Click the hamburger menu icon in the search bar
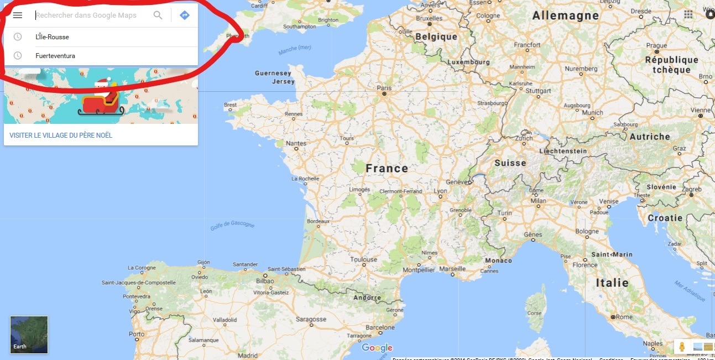[x=18, y=15]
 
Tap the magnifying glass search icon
[x=158, y=15]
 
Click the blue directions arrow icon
[x=185, y=15]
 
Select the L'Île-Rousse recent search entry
[x=53, y=37]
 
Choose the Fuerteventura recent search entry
[x=55, y=56]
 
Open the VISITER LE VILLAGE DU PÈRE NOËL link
[x=61, y=135]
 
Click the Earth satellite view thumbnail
[x=29, y=335]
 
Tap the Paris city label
[x=384, y=88]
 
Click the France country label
[x=387, y=168]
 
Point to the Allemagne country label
[x=565, y=16]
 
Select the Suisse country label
[x=510, y=163]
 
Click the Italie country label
[x=612, y=283]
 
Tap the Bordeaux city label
[x=318, y=221]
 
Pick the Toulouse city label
[x=363, y=259]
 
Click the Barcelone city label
[x=380, y=327]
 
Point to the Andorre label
[x=367, y=298]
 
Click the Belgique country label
[x=436, y=36]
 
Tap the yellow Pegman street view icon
[x=682, y=347]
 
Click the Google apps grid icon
[x=688, y=14]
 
